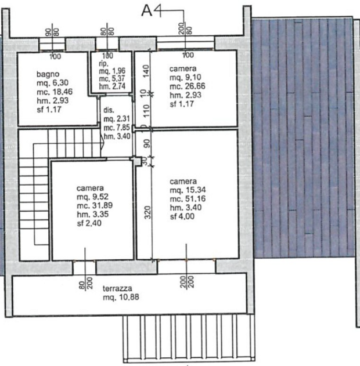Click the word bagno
pos(48,74)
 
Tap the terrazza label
pos(117,288)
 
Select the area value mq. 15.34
pos(188,190)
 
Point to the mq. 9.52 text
pos(92,197)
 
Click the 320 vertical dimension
pos(147,212)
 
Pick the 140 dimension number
pos(146,71)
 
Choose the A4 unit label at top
pos(152,11)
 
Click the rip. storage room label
pos(103,63)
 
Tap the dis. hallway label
pos(109,110)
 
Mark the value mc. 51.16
pos(188,199)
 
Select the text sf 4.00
pos(182,216)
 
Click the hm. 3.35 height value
pos(93,214)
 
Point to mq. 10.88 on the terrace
pos(121,298)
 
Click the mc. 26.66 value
pos(188,86)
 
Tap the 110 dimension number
pos(146,111)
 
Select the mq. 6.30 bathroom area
pos(53,83)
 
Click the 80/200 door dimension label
pos(85,283)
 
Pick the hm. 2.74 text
pos(112,86)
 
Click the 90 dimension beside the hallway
pos(147,143)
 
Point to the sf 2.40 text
pos(89,223)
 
